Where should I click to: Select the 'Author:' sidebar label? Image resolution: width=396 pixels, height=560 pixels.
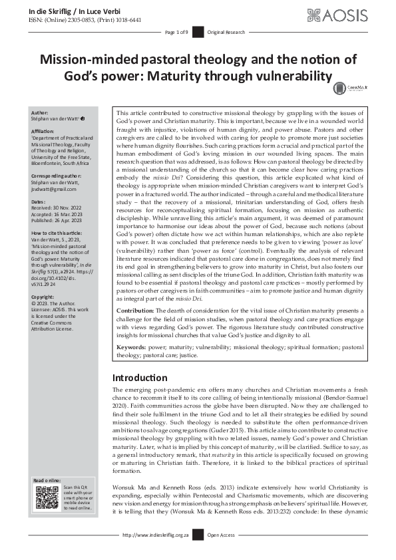tap(40, 114)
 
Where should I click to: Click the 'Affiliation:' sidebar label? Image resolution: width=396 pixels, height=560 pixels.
tap(44, 132)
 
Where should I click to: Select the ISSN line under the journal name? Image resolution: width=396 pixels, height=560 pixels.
tap(85, 20)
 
